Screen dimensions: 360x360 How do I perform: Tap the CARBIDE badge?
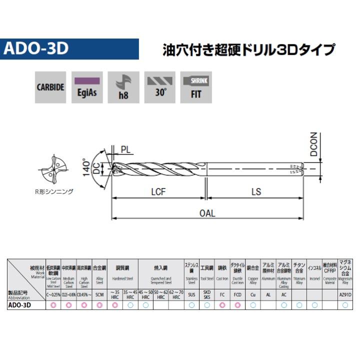point(50,86)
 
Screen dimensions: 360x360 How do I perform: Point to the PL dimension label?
point(126,148)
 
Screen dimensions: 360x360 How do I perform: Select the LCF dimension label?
point(158,191)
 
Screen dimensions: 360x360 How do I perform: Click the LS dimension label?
point(256,191)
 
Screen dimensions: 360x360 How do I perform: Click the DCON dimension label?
point(313,144)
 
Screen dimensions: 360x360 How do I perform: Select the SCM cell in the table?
point(99,295)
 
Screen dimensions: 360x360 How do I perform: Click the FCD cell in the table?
point(237,295)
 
